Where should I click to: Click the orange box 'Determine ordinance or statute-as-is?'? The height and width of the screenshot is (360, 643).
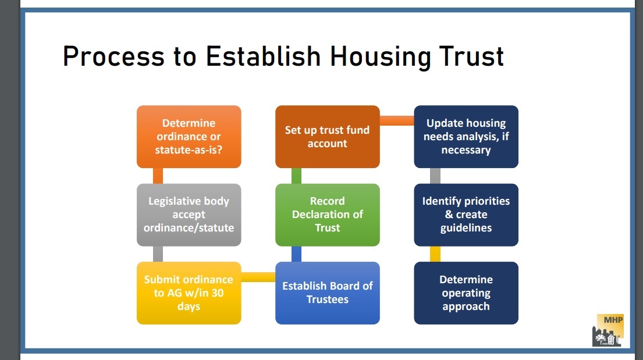(x=189, y=137)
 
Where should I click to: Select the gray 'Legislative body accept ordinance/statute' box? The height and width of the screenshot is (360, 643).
(x=189, y=215)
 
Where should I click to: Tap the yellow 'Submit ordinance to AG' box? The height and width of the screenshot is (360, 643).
(x=189, y=293)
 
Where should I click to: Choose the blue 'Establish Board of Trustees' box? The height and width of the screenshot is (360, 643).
(x=327, y=293)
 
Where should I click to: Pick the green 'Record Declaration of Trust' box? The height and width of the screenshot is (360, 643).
(x=327, y=215)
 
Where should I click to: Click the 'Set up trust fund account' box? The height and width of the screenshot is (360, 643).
(x=327, y=137)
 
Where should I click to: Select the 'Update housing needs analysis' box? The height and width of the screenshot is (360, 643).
(x=466, y=137)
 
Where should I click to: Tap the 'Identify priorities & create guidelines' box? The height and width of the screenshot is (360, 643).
(x=466, y=215)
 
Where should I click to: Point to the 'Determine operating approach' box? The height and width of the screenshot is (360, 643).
(x=466, y=293)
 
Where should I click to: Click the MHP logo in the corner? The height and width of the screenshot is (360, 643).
(x=608, y=330)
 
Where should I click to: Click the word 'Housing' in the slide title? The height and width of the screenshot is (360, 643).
(x=380, y=57)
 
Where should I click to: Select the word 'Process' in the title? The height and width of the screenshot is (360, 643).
(x=113, y=56)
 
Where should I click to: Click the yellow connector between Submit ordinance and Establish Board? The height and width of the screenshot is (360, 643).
(x=258, y=277)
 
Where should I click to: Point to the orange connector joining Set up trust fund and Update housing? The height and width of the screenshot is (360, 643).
(x=396, y=120)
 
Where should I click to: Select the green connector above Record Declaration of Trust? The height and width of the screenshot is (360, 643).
(x=297, y=176)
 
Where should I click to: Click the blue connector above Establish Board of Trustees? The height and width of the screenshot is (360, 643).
(x=297, y=254)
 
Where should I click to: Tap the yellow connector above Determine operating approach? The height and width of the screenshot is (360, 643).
(x=435, y=254)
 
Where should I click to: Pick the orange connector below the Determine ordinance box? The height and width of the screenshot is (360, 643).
(x=158, y=176)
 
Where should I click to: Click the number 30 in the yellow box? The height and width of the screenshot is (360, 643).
(x=218, y=293)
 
